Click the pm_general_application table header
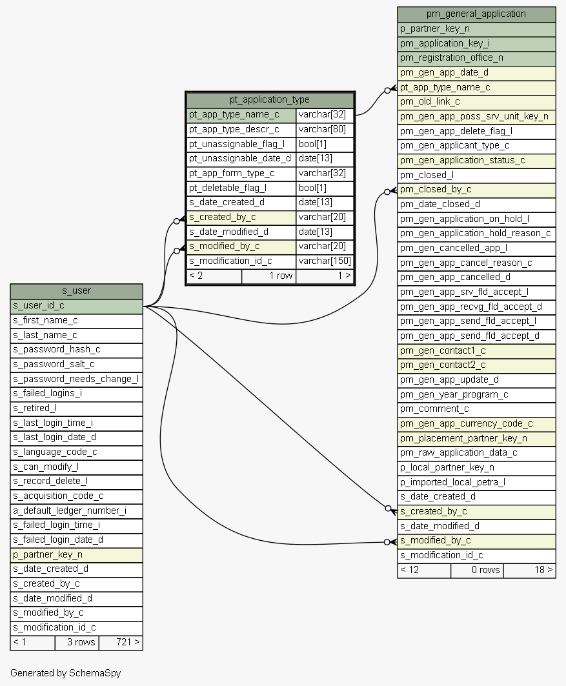coord(476,14)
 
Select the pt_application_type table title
coord(270,99)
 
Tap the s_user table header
coord(76,290)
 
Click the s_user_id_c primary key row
coord(76,305)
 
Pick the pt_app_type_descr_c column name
coord(241,130)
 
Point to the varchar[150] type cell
coord(325,261)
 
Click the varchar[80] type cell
coord(325,130)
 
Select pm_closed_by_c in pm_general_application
coord(476,190)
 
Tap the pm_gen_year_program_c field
coord(476,394)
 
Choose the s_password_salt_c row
coord(76,364)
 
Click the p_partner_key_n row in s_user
coord(76,554)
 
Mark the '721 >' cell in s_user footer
coord(121,642)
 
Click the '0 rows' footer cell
coord(476,570)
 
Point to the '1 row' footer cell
coord(268,276)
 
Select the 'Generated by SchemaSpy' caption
coord(65,673)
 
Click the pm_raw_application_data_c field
coord(476,453)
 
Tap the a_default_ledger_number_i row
coord(76,510)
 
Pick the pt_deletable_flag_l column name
coord(241,188)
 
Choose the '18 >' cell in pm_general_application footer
coord(529,570)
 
